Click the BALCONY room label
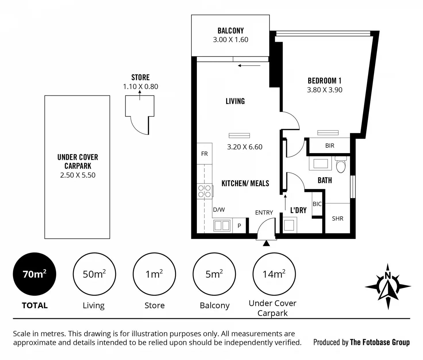[231, 31]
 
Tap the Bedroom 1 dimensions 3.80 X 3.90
[324, 90]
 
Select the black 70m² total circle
[34, 274]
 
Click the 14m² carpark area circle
[274, 274]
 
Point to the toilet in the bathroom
[341, 164]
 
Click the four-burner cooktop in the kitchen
[205, 191]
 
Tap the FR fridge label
[204, 154]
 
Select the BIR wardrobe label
[330, 145]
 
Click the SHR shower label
[338, 219]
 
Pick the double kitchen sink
[222, 225]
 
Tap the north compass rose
[388, 286]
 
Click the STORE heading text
[141, 77]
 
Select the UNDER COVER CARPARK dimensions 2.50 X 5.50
[78, 175]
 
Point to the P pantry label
[239, 226]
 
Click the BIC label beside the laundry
[317, 204]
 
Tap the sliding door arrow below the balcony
[249, 66]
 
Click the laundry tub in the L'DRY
[289, 225]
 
